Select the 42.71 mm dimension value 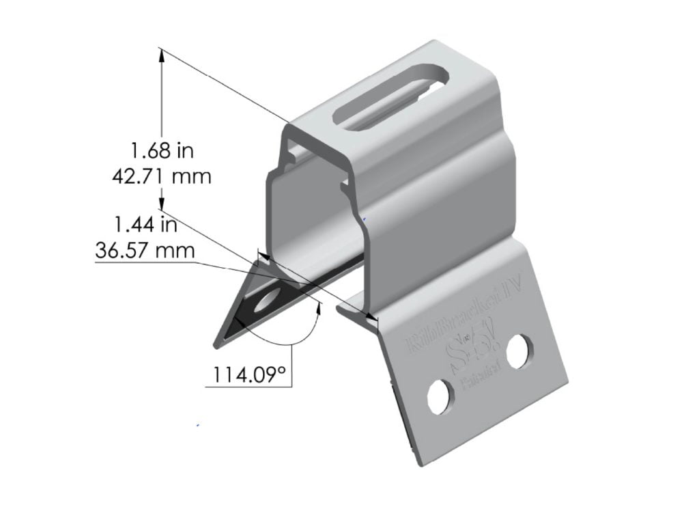tap(161, 176)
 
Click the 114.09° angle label tap(248, 375)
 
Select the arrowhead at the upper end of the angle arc tap(318, 307)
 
